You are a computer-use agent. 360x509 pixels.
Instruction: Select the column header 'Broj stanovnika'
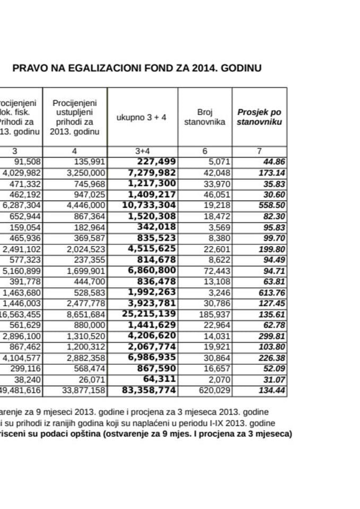pos(205,117)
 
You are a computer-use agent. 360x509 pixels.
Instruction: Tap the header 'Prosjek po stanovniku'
pos(259,117)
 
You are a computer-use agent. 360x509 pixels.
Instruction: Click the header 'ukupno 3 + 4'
pos(142,117)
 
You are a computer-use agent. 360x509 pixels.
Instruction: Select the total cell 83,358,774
pos(150,391)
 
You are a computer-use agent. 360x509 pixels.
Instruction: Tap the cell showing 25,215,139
pos(150,314)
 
